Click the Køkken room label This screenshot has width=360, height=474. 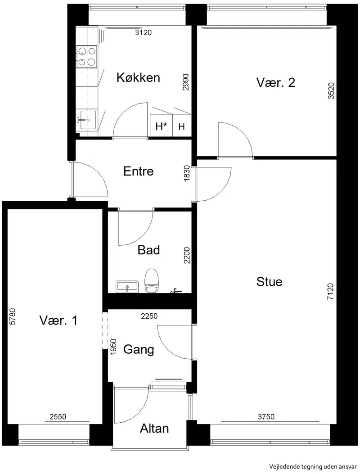138,78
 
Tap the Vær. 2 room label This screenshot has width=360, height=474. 276,82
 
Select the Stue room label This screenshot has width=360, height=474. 269,282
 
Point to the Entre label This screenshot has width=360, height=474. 139,172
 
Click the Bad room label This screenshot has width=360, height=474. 148,250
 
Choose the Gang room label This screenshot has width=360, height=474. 139,350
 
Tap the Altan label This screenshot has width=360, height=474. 154,429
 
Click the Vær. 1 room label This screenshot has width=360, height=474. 58,321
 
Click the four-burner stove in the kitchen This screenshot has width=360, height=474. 87,57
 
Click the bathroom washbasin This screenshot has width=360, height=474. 127,287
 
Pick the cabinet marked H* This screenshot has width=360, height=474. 162,126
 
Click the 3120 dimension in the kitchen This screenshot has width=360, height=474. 143,32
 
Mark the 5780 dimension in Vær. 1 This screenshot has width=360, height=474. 12,316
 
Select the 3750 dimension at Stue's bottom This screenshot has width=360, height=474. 266,416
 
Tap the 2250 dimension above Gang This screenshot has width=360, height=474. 149,316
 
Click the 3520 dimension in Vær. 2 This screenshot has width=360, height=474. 331,90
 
